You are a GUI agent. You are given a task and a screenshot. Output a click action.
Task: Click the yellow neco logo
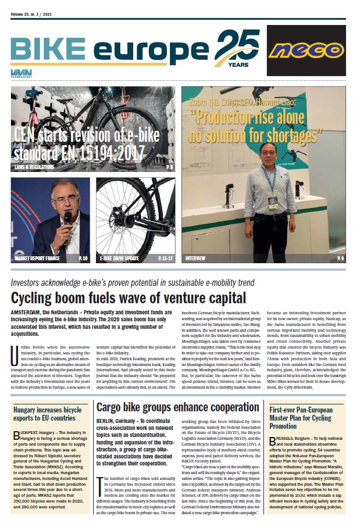(306, 51)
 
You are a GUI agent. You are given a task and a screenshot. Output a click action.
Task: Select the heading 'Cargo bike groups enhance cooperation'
(177, 391)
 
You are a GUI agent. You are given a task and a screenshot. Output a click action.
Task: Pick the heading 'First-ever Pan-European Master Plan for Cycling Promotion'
(305, 401)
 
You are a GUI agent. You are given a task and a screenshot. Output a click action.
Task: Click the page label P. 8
(169, 167)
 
